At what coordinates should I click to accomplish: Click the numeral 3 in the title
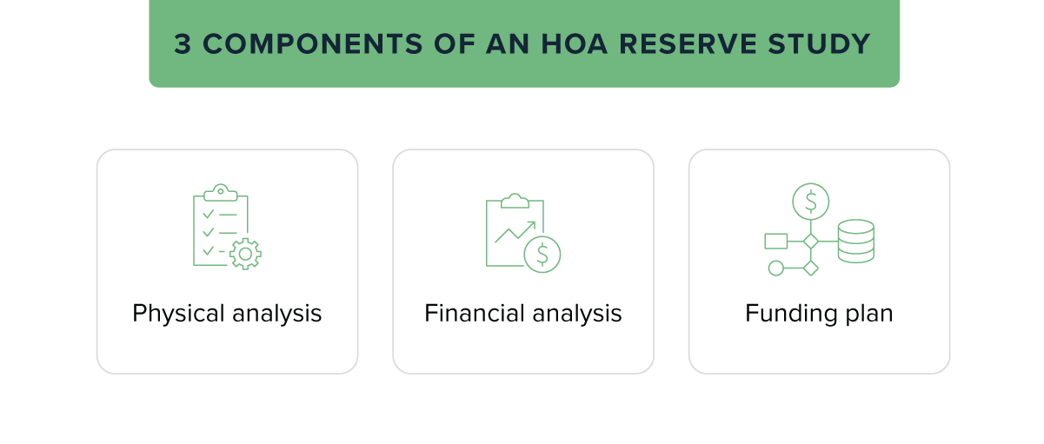point(183,44)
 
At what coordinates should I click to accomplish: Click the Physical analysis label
point(227,314)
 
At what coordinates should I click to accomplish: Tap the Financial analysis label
point(523,314)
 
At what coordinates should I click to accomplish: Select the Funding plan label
point(819,314)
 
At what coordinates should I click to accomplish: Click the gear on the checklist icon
point(245,253)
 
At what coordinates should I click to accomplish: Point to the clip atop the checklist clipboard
point(221,192)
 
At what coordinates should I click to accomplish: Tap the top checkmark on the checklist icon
point(208,213)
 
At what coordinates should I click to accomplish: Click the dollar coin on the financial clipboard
point(542,254)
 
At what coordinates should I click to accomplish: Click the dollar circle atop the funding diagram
point(810,202)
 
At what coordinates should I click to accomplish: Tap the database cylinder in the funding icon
point(855,241)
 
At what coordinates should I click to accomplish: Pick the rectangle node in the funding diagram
point(775,241)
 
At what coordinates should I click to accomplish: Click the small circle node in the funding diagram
point(776,268)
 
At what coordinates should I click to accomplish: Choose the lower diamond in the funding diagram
point(810,268)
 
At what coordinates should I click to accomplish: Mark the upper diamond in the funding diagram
point(810,241)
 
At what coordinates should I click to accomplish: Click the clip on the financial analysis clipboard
point(515,201)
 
